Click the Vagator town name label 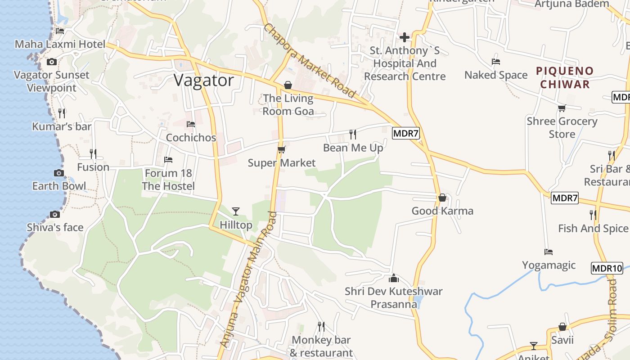[x=204, y=81]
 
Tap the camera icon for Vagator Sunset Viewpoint [x=52, y=62]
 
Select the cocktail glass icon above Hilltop [x=235, y=211]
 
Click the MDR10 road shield [x=607, y=269]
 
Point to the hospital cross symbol [x=404, y=37]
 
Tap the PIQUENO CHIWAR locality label [x=565, y=77]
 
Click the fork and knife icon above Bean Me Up [x=353, y=134]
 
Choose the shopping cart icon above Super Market [x=282, y=149]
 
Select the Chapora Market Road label [x=310, y=61]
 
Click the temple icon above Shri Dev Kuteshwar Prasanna [x=394, y=278]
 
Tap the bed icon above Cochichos [x=191, y=124]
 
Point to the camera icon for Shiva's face [x=55, y=214]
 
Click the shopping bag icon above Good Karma [x=442, y=198]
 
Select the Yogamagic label [x=549, y=265]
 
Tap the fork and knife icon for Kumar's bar [x=62, y=113]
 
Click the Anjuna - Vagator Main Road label [x=249, y=279]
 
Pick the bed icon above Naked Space [x=496, y=62]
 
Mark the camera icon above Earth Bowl [x=58, y=173]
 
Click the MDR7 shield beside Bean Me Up [x=403, y=133]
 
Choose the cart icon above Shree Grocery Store [x=562, y=108]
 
